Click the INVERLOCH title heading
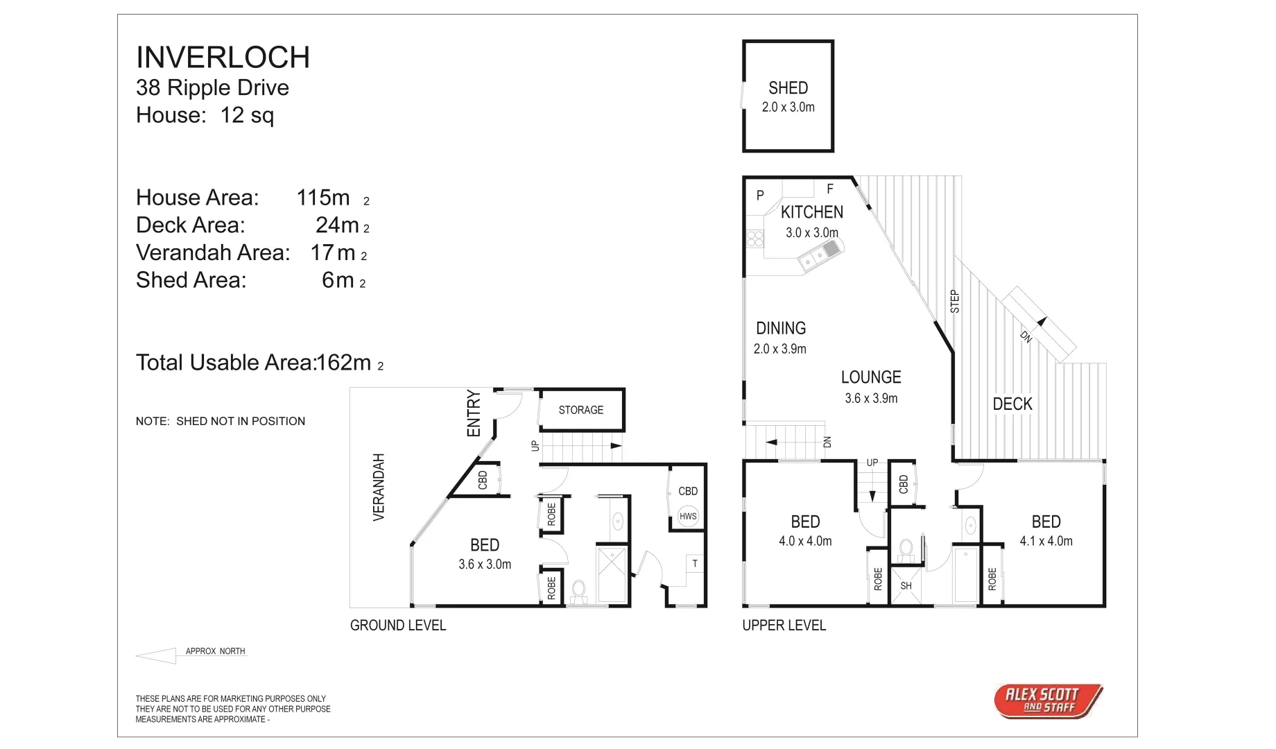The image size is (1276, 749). pos(223,58)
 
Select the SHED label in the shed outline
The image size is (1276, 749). pos(788,88)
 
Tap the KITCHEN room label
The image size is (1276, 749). pos(811,212)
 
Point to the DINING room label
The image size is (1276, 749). pos(780,328)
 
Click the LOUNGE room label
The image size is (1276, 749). pos(871,377)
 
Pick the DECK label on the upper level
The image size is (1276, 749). pos(1012,404)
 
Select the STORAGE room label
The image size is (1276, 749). pos(580,410)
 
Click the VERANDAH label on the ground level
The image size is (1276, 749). pos(379,487)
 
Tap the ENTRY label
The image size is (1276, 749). pos(474,413)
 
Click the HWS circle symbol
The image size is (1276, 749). pos(688,516)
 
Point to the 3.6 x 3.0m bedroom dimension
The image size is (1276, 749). pos(484,565)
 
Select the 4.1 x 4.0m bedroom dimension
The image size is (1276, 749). pos(1045,541)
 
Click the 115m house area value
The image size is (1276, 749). pos(323,198)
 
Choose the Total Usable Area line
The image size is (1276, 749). pos(259,363)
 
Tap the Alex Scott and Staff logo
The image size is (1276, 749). pos(1047,700)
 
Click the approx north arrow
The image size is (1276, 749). pos(157,655)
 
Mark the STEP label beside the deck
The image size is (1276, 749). pos(954,302)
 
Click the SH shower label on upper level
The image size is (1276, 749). pos(906,586)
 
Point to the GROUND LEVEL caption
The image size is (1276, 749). pos(397,626)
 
